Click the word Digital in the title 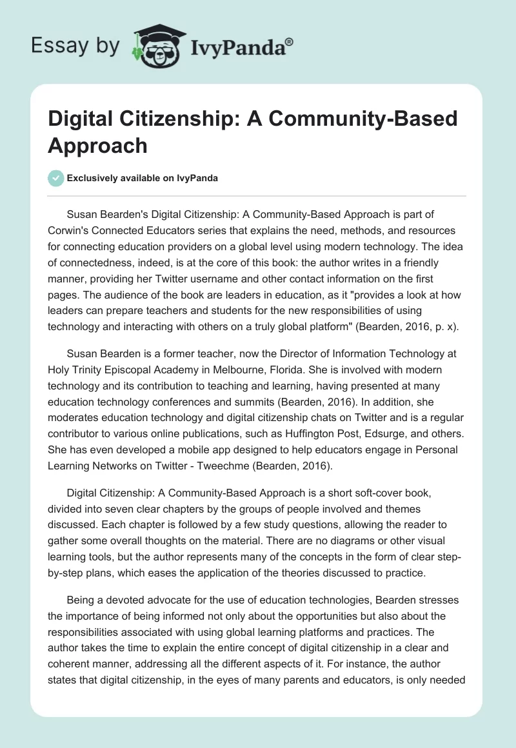(84, 119)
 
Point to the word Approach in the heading (98, 146)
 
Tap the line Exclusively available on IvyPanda (142, 179)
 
